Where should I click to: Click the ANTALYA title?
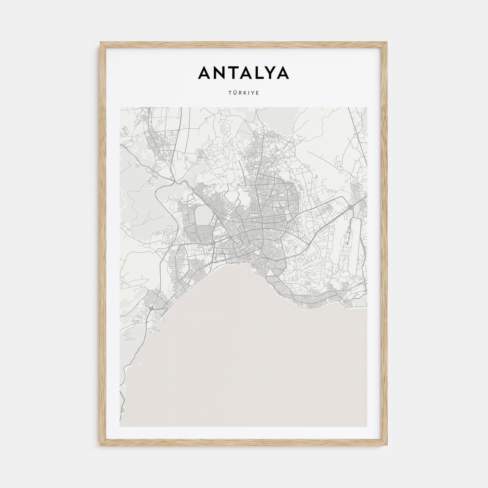click(243, 73)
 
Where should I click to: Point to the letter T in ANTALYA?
click(234, 73)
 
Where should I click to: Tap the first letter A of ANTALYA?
click(205, 73)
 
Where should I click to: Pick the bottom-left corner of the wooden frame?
click(101, 445)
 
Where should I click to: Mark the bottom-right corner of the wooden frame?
click(387, 445)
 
